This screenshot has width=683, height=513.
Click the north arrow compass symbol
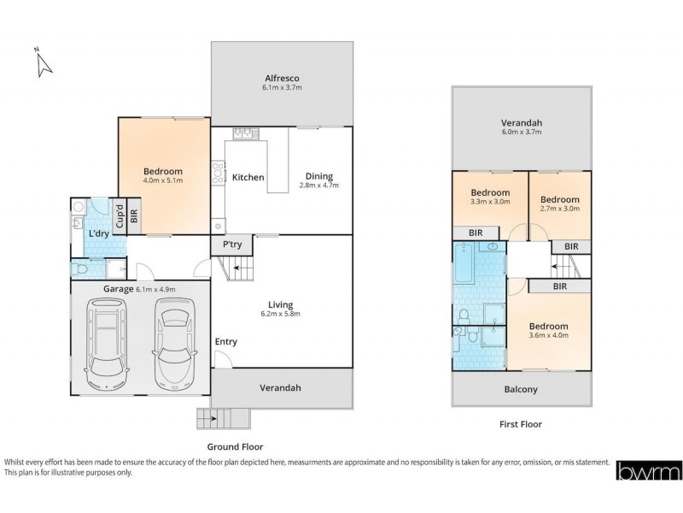point(44,62)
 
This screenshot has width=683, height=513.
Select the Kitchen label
point(248,177)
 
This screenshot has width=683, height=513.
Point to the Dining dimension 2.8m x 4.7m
point(319,185)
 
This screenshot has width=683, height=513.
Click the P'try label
point(231,245)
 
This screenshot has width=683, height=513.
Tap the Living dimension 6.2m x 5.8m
point(281,314)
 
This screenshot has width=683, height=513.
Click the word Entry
point(226,342)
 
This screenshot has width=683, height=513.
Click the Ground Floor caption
point(235,446)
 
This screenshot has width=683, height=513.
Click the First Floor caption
point(520,424)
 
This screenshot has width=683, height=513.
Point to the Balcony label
point(521,390)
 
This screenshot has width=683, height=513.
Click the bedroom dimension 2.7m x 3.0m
point(559,207)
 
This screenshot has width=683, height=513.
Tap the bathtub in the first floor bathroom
point(466,262)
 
